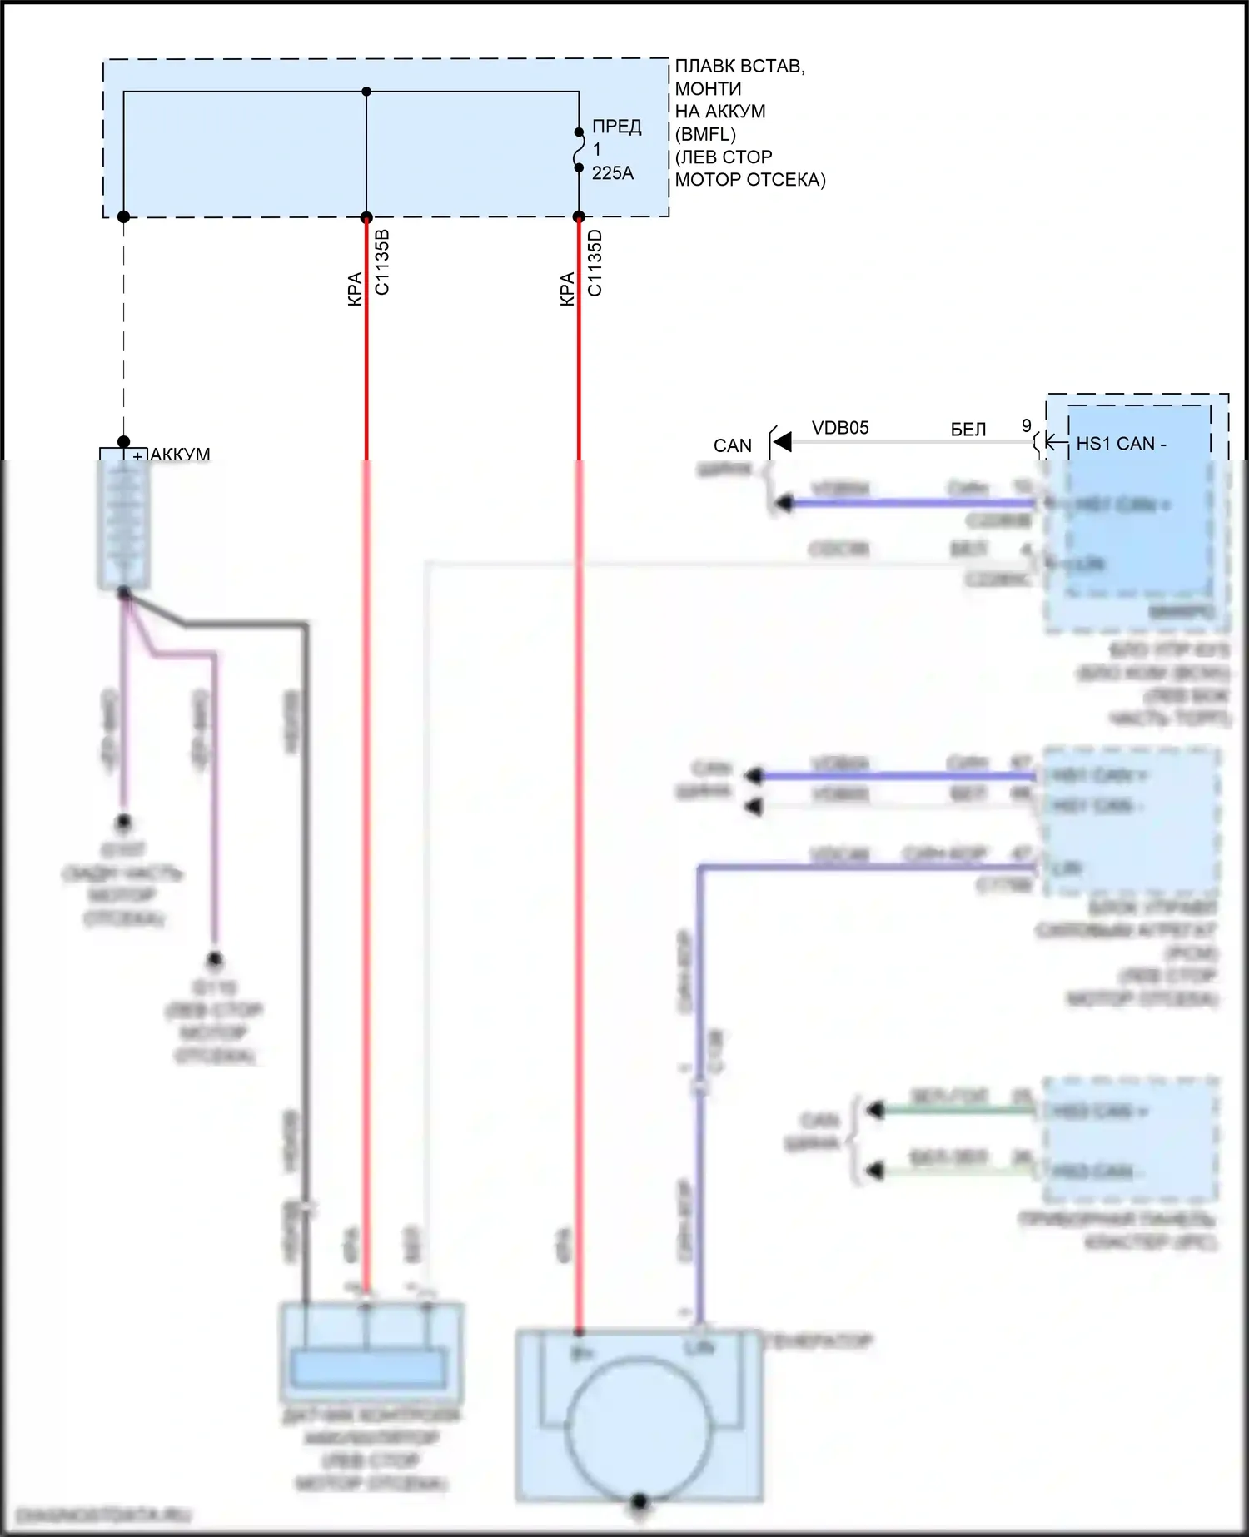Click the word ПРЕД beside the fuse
[x=616, y=127]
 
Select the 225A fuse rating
[x=612, y=173]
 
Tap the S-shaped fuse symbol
[x=579, y=150]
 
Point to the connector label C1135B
[x=382, y=261]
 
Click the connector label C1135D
[x=595, y=262]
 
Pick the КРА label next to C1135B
[x=355, y=289]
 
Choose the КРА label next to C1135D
[x=567, y=289]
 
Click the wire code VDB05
[x=840, y=428]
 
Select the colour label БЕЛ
[x=968, y=430]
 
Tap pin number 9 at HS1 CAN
[x=1027, y=426]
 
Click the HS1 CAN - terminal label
[x=1121, y=444]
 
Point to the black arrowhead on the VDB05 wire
[x=781, y=442]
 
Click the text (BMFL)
[x=705, y=134]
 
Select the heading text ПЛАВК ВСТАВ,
[x=739, y=67]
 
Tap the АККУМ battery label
[x=180, y=455]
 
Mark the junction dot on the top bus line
[x=366, y=92]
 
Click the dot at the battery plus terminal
[x=123, y=441]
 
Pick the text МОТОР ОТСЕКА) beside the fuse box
[x=749, y=180]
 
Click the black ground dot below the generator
[x=639, y=1501]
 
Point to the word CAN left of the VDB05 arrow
[x=732, y=446]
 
